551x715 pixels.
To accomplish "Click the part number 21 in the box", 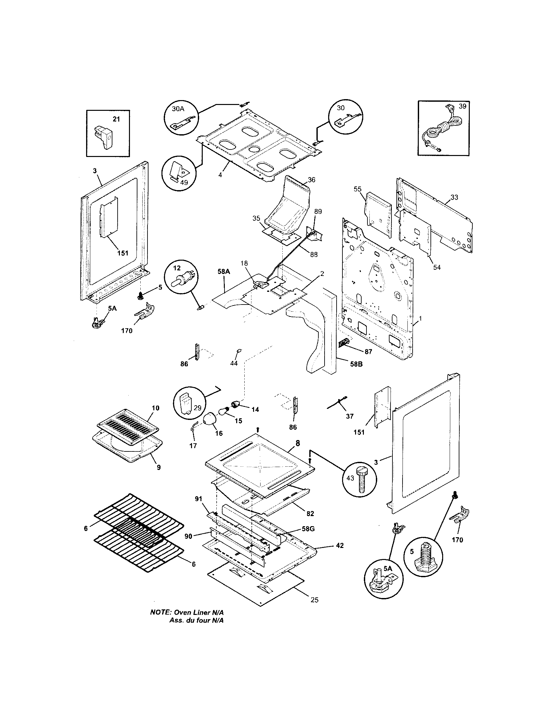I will (116, 119).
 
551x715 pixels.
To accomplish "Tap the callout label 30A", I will (178, 109).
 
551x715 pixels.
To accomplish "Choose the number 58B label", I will (356, 364).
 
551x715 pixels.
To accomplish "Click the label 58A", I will (224, 271).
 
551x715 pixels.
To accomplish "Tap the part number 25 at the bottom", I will (314, 600).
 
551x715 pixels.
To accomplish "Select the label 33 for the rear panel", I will (454, 197).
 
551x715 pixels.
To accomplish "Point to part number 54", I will (437, 267).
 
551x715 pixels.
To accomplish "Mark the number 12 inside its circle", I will (177, 268).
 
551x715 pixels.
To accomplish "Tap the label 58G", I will (308, 528).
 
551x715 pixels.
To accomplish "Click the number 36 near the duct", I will (312, 180).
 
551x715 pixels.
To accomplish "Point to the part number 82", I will (310, 513).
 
